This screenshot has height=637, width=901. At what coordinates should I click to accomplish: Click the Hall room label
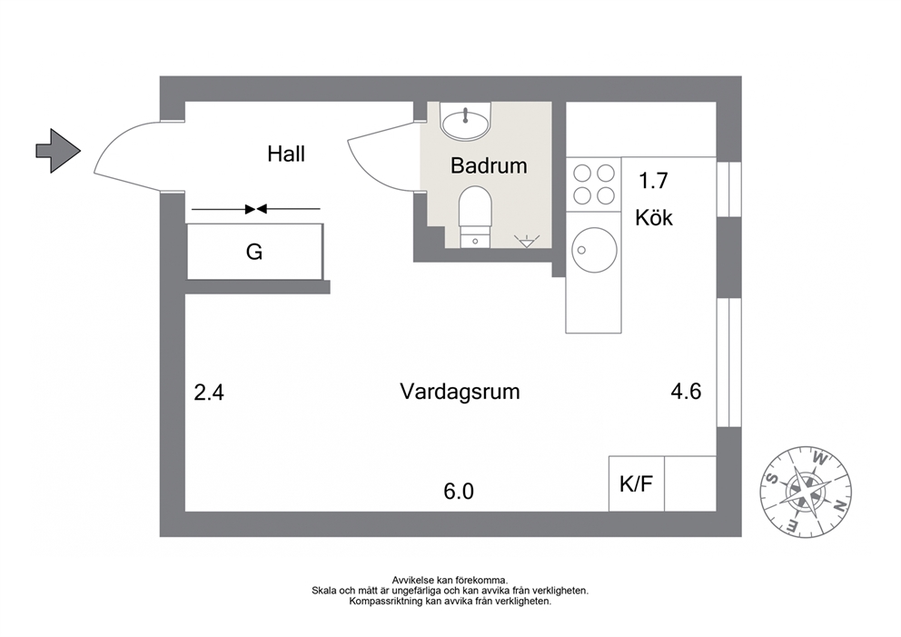tap(285, 154)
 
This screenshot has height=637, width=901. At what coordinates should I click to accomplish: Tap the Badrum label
tap(489, 165)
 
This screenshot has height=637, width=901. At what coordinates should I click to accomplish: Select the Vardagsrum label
tap(460, 392)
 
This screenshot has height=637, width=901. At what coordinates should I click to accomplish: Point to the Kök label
tap(654, 218)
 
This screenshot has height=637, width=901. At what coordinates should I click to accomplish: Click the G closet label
tap(254, 252)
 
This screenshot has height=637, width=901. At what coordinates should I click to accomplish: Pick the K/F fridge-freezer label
tap(636, 484)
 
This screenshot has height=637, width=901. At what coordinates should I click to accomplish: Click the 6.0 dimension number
tap(459, 492)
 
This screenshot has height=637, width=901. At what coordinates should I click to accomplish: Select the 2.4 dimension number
tap(209, 393)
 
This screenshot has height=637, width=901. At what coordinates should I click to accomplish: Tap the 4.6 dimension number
tap(686, 392)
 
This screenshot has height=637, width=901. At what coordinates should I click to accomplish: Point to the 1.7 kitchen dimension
tap(654, 181)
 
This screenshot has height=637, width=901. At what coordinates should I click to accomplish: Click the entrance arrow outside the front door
tap(58, 151)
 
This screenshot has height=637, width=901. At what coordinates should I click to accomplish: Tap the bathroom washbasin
tap(465, 121)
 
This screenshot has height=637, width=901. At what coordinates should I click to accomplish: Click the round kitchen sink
tap(594, 250)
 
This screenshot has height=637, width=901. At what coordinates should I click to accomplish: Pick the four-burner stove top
tap(594, 184)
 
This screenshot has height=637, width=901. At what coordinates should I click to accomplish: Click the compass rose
tap(806, 493)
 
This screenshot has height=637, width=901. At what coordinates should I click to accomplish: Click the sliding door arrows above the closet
tap(256, 209)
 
